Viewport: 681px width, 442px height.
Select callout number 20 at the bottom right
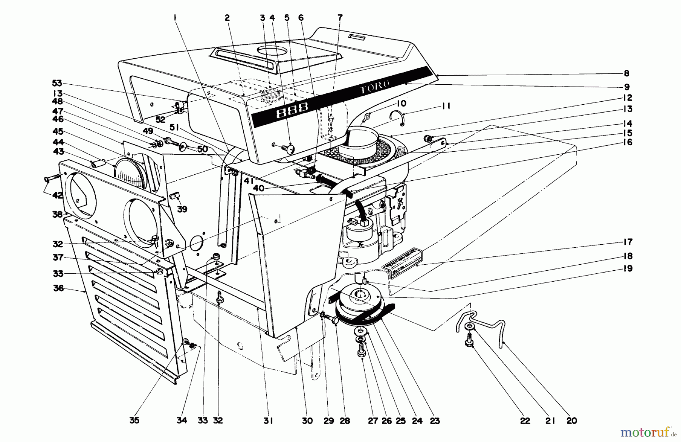coord(572,420)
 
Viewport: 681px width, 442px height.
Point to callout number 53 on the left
coord(58,83)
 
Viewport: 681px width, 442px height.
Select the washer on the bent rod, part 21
coord(470,326)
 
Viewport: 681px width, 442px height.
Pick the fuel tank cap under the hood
coord(270,97)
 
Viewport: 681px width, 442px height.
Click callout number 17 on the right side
coord(627,242)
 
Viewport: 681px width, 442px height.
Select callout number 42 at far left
coord(58,195)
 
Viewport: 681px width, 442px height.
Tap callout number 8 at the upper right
coord(627,73)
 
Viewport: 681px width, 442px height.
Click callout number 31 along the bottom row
coord(268,420)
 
